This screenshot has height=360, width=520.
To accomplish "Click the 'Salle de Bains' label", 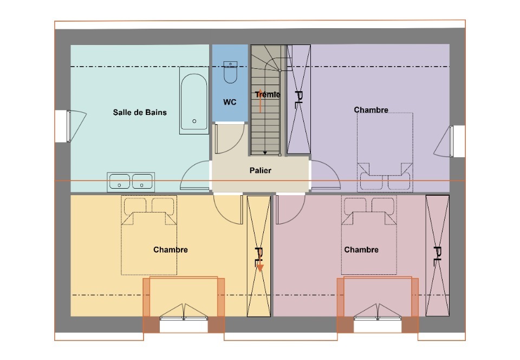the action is pos(140,112).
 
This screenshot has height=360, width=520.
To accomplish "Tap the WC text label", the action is pos(230,102).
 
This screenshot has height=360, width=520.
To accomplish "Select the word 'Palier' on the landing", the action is pos(261,170).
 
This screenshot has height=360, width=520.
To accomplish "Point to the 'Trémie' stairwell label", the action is pos(268,94).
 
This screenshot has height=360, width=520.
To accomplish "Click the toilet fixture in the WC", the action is pos(230,72).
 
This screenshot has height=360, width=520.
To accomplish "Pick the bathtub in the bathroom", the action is pos(194,100).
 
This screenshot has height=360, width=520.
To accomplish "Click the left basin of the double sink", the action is pos(119,182).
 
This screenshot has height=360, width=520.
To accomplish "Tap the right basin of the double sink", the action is pos(142,182).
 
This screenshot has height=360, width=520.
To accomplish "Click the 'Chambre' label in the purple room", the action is pos(371,110).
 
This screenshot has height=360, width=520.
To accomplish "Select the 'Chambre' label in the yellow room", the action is pos(171,249).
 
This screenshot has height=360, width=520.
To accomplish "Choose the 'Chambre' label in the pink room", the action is pos(361,249).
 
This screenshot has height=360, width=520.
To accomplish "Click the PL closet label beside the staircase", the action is pos(298,100).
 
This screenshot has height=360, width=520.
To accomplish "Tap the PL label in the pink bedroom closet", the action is pos(438,256).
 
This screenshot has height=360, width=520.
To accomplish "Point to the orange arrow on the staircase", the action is pos(261,101).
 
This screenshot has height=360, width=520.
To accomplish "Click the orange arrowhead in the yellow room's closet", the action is pos(260,268).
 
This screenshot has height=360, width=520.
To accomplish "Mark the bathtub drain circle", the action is pos(194,121).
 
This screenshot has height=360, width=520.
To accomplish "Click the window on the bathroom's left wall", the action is pos(69,126).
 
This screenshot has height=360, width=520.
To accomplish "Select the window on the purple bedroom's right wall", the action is pos(451,142).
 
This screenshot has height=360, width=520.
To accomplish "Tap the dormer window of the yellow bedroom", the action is pos(184,319).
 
